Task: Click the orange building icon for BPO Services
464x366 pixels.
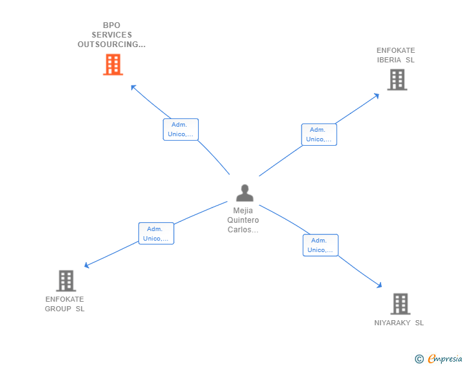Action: tap(113, 64)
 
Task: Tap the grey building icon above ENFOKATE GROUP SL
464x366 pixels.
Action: tap(66, 281)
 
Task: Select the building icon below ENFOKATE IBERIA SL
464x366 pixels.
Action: tap(397, 80)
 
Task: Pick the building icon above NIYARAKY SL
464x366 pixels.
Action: tap(400, 304)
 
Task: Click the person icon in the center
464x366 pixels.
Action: tap(244, 192)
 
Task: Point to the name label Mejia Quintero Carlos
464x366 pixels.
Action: tap(243, 220)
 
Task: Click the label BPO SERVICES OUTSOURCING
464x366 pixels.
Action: tap(112, 35)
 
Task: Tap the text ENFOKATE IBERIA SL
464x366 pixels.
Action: tap(396, 55)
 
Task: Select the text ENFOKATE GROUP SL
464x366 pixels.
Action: tap(64, 304)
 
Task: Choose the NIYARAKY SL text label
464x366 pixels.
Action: tap(399, 323)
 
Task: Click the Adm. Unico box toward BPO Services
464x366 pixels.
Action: tap(180, 129)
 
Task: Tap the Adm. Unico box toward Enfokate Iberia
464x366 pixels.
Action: tap(319, 134)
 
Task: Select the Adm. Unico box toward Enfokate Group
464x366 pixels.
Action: tap(156, 234)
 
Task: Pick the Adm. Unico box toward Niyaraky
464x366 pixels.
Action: tap(320, 245)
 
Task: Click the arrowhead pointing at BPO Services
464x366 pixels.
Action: tap(133, 87)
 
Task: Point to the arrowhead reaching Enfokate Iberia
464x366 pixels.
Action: tap(377, 96)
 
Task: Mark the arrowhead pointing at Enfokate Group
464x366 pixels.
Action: tap(87, 265)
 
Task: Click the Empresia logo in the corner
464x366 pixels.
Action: tap(445, 358)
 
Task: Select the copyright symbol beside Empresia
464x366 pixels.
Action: tap(419, 359)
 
